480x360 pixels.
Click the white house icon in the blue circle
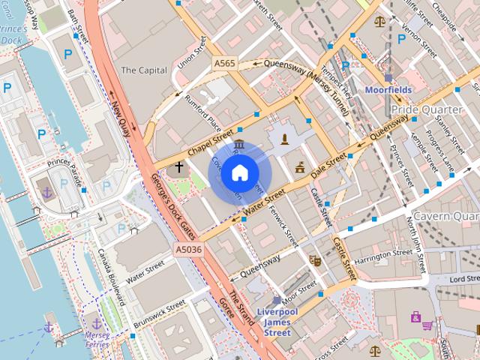pos(238,173)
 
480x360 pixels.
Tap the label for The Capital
pos(144,70)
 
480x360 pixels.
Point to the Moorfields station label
pos(388,89)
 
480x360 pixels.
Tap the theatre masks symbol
pos(316,259)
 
